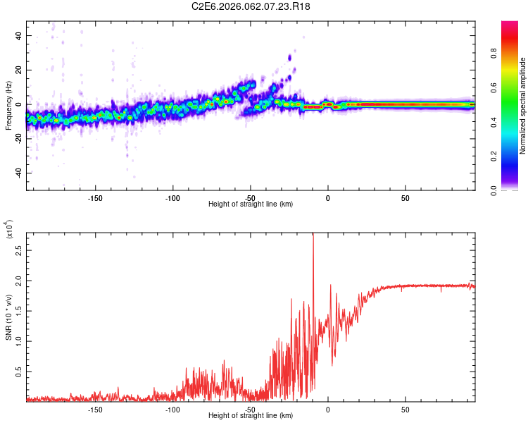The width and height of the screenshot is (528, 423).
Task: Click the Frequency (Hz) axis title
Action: pos(8,105)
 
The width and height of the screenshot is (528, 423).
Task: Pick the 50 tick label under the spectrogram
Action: pos(406,198)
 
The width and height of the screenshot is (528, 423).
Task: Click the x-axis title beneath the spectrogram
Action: pos(251,204)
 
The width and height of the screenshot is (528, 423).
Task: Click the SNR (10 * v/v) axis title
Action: pos(10,317)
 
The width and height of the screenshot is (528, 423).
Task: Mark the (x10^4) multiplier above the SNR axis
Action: pos(10,230)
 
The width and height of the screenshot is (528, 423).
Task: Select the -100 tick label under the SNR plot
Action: pos(172,410)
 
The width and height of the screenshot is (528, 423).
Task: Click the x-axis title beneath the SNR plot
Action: pos(251,416)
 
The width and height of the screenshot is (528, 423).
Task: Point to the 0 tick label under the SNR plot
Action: pos(327,410)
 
